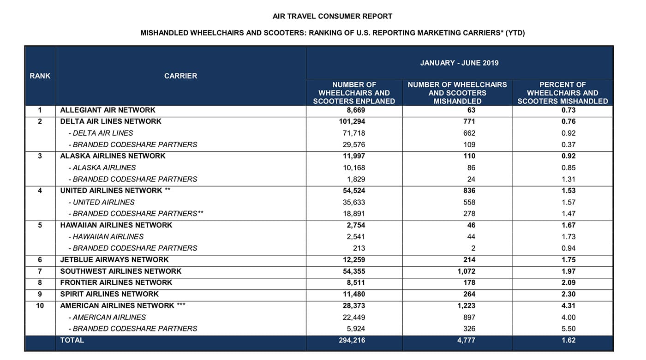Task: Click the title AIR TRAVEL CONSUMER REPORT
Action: tap(332, 16)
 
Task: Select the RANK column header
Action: tap(40, 76)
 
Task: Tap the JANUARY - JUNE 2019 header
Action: tap(459, 63)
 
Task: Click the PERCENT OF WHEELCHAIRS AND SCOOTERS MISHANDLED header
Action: tap(562, 93)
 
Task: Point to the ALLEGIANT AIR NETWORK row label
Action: tap(108, 110)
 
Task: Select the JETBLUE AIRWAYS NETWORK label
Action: tap(114, 260)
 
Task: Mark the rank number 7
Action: tap(40, 271)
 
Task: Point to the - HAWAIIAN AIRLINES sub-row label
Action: tap(106, 237)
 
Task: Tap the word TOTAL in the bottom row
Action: tap(72, 341)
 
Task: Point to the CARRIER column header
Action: tap(180, 76)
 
